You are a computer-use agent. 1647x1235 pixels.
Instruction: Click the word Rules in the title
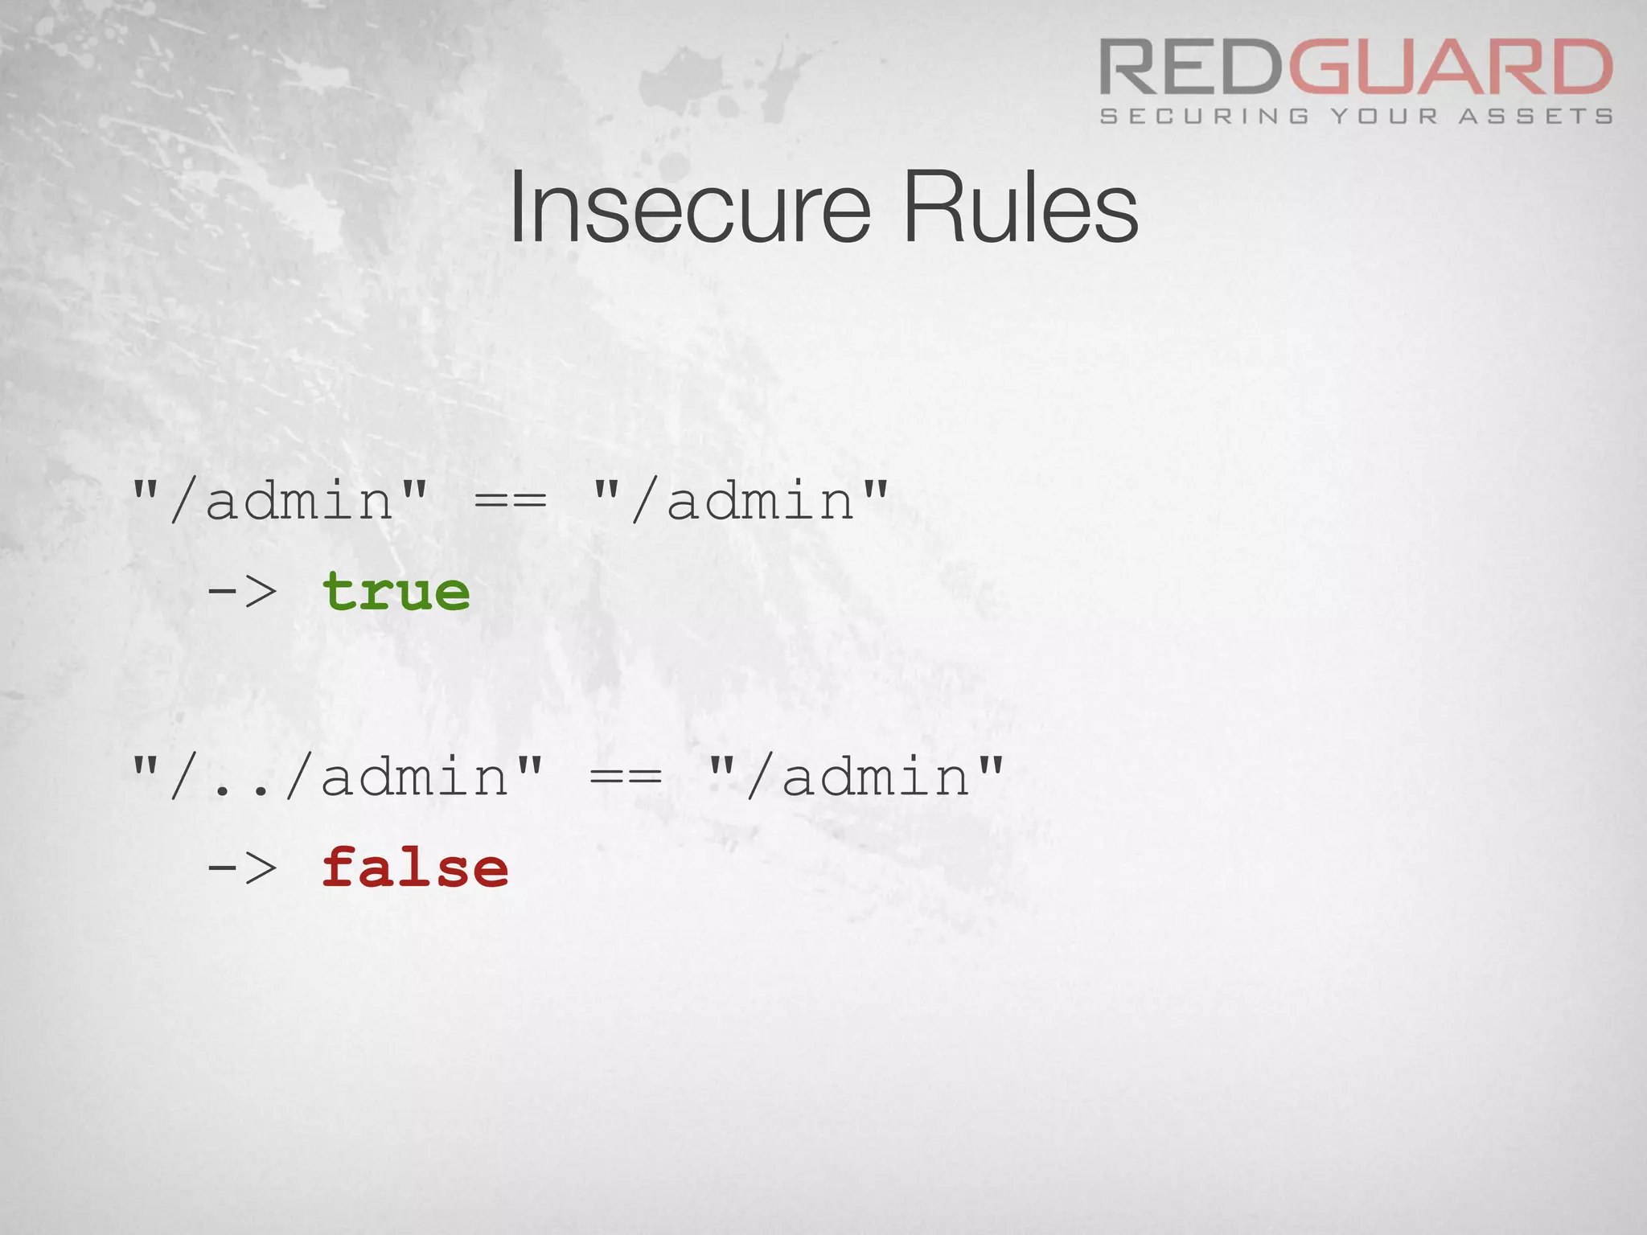click(x=1020, y=208)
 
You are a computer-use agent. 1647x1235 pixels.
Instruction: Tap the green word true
click(x=396, y=592)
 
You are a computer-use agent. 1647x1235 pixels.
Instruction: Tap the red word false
click(x=415, y=868)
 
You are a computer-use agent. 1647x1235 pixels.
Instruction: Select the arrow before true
click(x=242, y=592)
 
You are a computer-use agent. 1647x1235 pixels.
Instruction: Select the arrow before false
click(x=242, y=868)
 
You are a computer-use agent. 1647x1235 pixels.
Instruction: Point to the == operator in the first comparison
click(x=511, y=501)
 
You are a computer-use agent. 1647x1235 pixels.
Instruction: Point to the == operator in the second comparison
click(x=626, y=777)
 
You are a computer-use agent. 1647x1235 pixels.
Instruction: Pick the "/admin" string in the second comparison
click(x=856, y=777)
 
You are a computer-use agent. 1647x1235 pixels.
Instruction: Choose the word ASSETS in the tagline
click(x=1536, y=117)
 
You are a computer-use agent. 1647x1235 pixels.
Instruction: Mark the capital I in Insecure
click(x=517, y=208)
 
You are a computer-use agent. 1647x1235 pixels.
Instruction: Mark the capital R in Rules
click(x=926, y=208)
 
